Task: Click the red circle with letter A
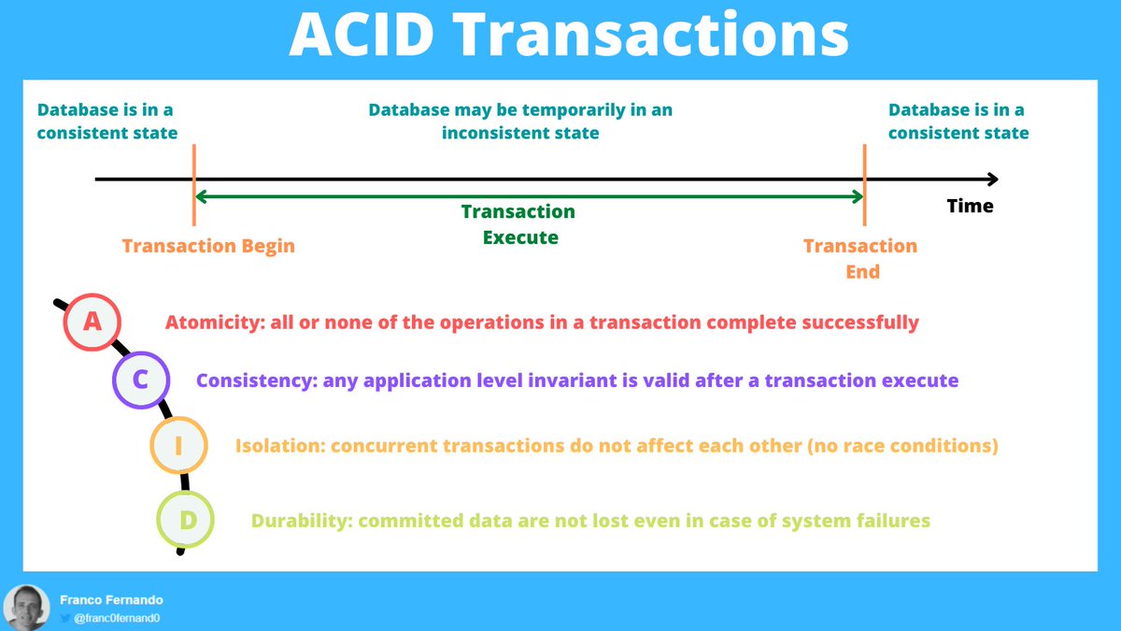92,322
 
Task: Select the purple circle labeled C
140,380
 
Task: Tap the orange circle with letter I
178,446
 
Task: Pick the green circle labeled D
186,519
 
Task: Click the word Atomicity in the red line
211,323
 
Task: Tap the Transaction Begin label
208,247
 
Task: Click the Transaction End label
860,258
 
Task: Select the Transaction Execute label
519,224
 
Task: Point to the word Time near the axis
970,206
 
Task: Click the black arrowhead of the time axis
992,179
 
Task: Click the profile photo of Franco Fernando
26,607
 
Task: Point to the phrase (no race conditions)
901,446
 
